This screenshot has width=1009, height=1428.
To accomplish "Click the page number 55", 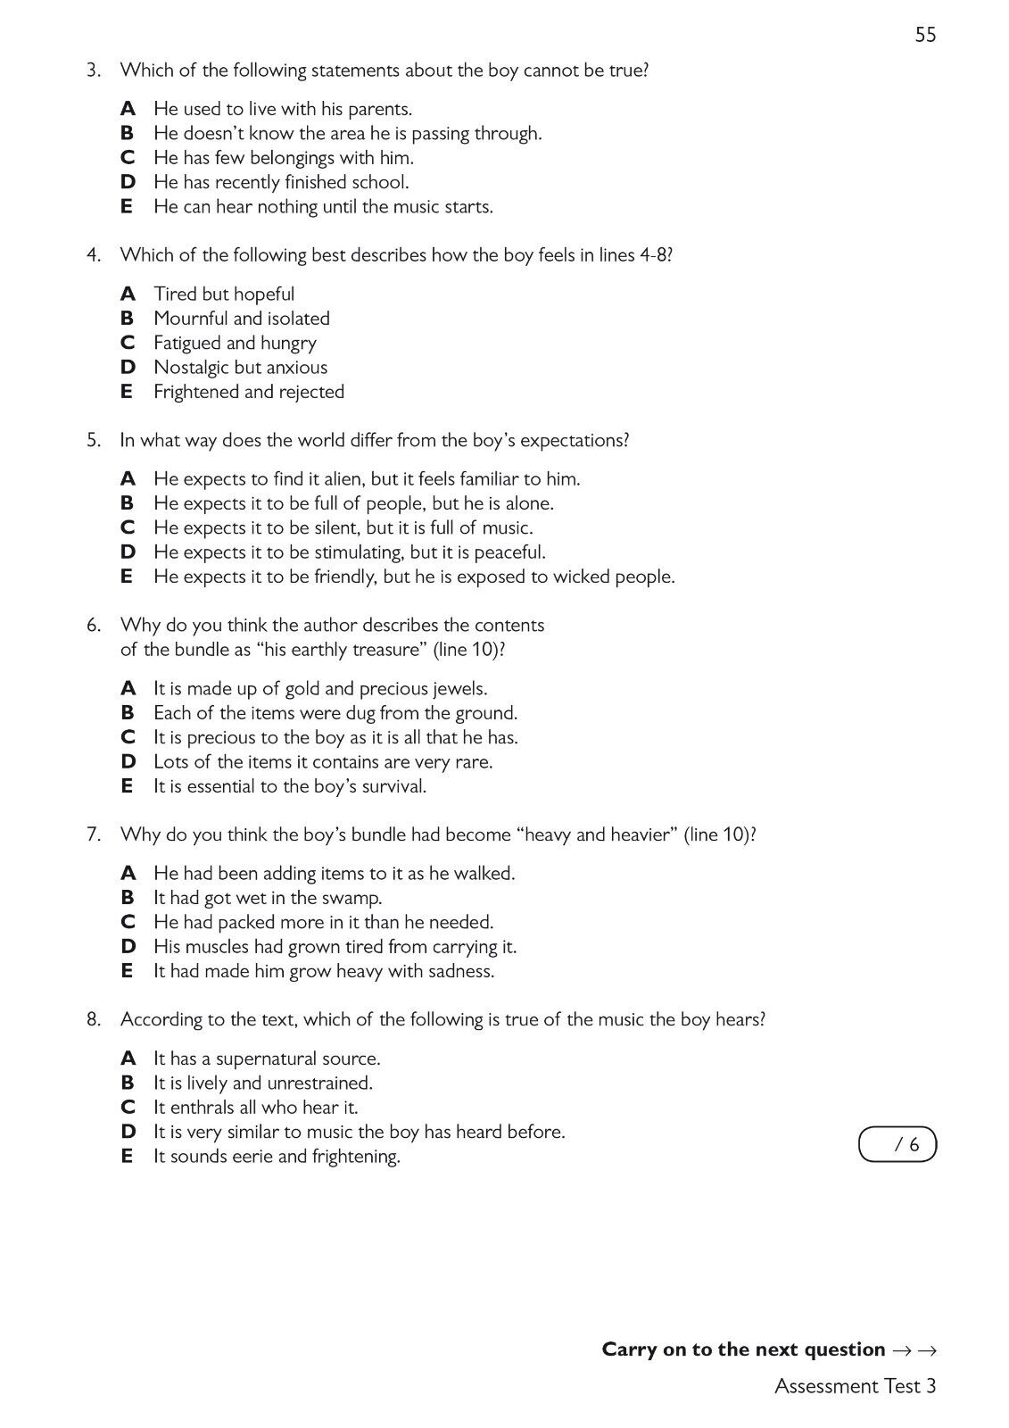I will (925, 35).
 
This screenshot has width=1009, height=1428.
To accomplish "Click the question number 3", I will (93, 70).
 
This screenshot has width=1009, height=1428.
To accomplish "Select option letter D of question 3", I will (128, 182).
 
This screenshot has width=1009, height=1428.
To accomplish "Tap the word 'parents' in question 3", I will (383, 109).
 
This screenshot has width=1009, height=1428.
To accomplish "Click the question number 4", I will (93, 255).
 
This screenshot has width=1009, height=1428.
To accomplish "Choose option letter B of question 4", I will (128, 319).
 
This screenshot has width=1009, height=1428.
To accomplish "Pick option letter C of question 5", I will (128, 527).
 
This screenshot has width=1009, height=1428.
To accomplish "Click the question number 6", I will (93, 625).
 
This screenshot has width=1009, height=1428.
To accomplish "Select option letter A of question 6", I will (128, 689).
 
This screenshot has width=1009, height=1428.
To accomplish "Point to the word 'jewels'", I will (459, 689).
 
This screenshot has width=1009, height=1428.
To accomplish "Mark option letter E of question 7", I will (128, 971).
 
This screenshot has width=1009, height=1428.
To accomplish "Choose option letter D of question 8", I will (128, 1132).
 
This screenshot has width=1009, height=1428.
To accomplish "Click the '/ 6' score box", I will (897, 1144).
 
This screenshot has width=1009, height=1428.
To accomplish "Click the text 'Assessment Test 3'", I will (855, 1386).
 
